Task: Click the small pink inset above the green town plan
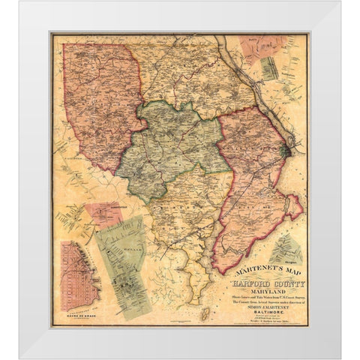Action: (x=103, y=213)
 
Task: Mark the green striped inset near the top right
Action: (x=269, y=67)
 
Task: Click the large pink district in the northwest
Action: (x=101, y=97)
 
